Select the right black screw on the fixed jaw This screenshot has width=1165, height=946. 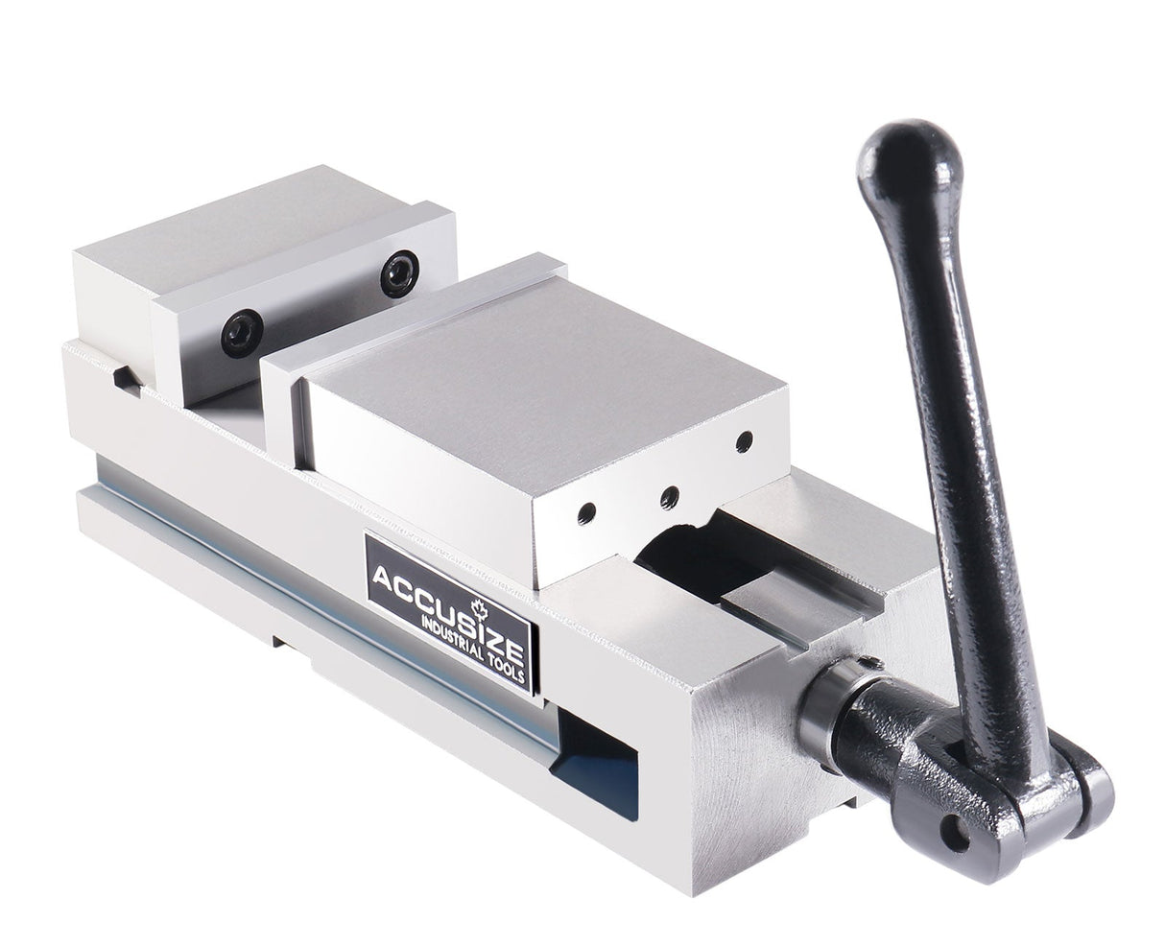pyautogui.click(x=399, y=274)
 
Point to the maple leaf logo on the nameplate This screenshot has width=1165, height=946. pyautogui.click(x=480, y=607)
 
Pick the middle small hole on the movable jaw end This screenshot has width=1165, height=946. pyautogui.click(x=670, y=496)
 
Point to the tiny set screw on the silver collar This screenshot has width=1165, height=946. pyautogui.click(x=869, y=661)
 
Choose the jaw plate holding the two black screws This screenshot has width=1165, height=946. pyautogui.click(x=307, y=307)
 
